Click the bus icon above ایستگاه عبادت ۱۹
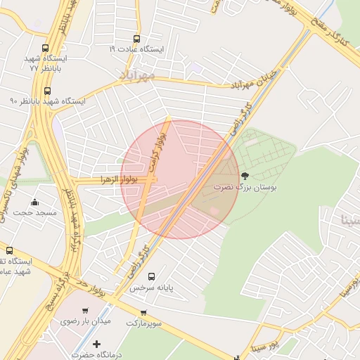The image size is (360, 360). click(136, 39)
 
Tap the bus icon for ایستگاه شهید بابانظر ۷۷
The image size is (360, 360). click(46, 49)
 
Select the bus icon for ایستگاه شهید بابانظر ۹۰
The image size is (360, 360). click(47, 91)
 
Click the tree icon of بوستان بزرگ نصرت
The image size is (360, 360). click(245, 176)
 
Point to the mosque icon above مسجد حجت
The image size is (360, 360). click(35, 202)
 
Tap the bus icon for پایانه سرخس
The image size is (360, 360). click(151, 276)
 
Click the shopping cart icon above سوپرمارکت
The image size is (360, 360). click(143, 312)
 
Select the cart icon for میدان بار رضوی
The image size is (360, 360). click(86, 311)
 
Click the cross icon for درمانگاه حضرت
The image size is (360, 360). click(96, 344)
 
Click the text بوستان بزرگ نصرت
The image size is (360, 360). click(245, 188)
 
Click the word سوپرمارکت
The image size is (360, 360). click(143, 323)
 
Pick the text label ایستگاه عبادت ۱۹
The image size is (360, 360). click(136, 50)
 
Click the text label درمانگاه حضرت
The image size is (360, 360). click(96, 355)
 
